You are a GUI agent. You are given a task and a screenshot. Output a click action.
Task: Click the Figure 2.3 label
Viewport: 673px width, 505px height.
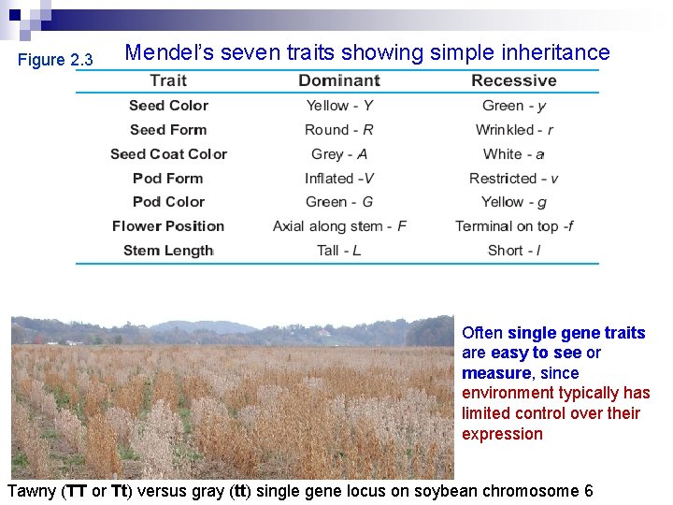[x=56, y=60]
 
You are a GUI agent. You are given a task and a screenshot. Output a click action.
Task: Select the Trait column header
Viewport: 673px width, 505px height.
[x=168, y=81]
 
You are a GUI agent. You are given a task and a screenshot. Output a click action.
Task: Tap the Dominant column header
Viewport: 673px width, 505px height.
[x=338, y=81]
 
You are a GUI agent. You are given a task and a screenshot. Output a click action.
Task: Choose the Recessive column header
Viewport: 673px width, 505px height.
[x=513, y=81]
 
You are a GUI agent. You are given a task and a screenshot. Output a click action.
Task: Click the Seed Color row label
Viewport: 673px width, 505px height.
[x=168, y=106]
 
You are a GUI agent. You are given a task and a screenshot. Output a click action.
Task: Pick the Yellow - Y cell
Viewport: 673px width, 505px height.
[x=338, y=106]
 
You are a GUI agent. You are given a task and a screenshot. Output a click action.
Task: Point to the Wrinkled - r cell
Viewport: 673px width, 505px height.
[x=513, y=130]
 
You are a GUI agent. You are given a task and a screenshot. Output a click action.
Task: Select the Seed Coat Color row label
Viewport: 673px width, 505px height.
[x=168, y=154]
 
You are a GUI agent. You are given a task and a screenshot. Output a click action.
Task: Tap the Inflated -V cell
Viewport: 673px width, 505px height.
[x=338, y=179]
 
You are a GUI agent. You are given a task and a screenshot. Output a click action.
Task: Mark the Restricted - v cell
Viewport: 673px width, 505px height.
[x=513, y=179]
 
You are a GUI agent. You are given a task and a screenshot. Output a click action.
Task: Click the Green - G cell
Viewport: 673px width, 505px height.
[x=338, y=202]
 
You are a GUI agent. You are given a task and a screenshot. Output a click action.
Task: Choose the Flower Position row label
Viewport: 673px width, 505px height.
[x=168, y=226]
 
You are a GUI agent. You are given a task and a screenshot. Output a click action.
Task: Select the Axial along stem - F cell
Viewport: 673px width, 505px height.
[x=338, y=226]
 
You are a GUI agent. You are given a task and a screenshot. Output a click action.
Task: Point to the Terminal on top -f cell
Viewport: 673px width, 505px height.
[x=513, y=226]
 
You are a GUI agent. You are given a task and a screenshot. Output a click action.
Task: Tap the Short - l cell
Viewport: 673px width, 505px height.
[x=513, y=251]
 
